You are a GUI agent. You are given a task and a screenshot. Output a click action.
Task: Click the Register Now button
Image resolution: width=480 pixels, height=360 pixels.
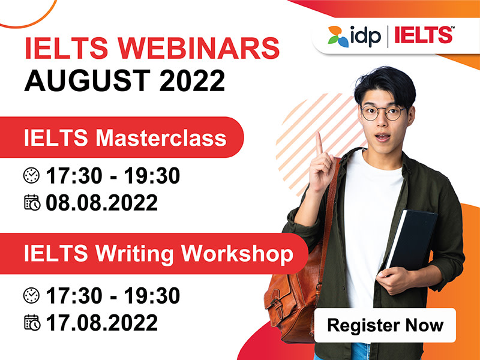click(x=385, y=325)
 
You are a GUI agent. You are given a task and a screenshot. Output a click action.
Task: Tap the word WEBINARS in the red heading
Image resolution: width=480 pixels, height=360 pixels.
click(x=199, y=48)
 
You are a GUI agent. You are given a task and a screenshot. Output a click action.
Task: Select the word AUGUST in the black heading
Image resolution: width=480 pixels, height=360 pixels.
click(x=87, y=80)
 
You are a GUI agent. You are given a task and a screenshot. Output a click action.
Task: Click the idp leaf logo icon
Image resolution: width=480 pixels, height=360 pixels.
click(x=338, y=37)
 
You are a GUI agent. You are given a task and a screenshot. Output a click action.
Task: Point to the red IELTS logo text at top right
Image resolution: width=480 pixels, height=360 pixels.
click(x=424, y=35)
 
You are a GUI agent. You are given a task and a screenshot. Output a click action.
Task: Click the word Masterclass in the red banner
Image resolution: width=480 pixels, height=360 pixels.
click(x=161, y=138)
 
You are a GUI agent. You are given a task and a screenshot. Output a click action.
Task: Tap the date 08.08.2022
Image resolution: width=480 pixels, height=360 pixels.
click(x=101, y=202)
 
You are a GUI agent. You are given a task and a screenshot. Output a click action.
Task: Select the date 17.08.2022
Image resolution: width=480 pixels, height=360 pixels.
click(x=101, y=322)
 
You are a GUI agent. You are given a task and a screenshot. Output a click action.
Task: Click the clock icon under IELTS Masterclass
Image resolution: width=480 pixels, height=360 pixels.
click(x=32, y=175)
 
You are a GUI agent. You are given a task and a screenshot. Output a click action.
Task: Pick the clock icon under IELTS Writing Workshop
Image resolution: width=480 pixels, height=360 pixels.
click(x=32, y=295)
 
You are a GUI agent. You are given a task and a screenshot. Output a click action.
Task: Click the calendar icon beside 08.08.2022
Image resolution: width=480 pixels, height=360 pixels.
click(x=32, y=202)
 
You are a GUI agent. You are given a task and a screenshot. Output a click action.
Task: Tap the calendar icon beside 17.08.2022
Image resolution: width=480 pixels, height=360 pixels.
click(x=32, y=323)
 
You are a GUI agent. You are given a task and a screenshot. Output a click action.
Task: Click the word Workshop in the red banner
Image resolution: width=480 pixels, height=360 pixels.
click(x=237, y=254)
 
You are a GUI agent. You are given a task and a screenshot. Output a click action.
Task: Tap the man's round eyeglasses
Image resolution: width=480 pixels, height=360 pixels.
click(x=383, y=113)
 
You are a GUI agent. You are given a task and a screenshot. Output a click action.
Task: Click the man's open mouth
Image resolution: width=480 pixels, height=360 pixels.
click(x=382, y=137)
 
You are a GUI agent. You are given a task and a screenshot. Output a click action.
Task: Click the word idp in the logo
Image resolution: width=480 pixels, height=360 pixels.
click(x=366, y=36)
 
